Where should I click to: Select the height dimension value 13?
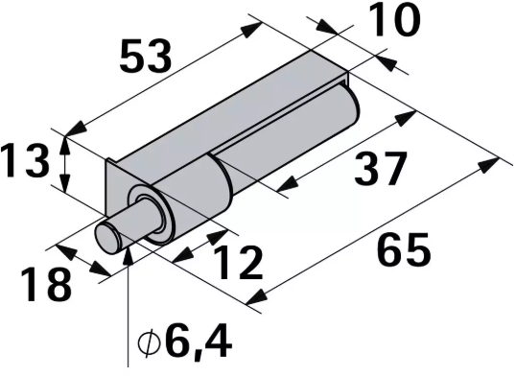[x=24, y=160]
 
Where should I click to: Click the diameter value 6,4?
[x=200, y=340]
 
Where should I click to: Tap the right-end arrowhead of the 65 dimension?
[x=493, y=163]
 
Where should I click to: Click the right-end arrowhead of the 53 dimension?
[x=253, y=28]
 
